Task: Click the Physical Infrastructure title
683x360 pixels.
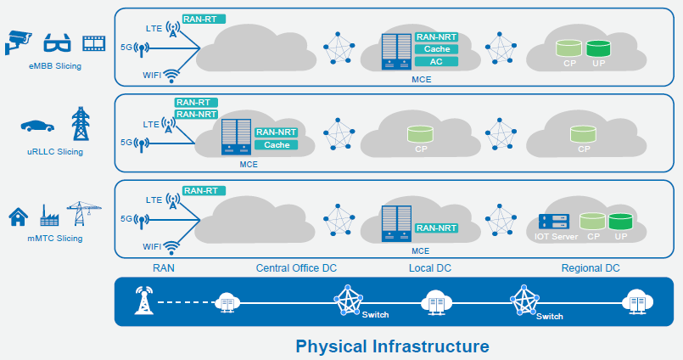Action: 392,346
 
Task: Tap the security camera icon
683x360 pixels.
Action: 19,39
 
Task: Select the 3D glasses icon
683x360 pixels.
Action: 55,42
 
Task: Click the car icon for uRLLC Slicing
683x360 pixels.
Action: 37,126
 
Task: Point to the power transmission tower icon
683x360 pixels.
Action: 81,124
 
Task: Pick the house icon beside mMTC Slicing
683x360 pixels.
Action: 18,217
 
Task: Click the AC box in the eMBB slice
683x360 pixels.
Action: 436,61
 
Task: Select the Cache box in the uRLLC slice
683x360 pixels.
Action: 277,144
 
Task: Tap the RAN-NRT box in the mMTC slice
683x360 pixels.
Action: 436,228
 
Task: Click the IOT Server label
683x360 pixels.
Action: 557,236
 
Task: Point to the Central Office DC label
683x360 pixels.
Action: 296,268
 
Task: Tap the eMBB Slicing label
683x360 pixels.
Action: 55,66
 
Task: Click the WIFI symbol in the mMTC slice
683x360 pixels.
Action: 172,246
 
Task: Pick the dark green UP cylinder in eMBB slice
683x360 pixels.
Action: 598,48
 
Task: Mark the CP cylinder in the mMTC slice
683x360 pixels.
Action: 594,223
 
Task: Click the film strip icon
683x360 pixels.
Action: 92,42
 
